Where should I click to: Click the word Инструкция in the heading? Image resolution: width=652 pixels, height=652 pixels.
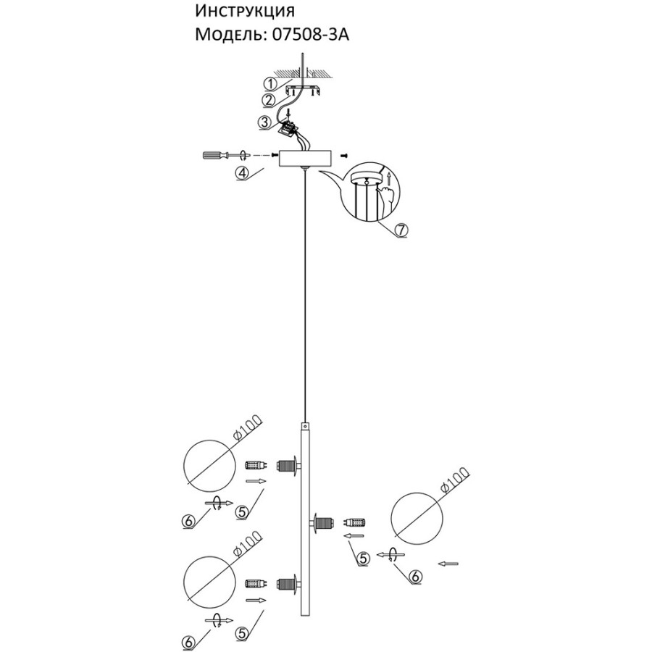[245, 12]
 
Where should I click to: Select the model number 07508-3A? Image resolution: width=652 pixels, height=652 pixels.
[311, 35]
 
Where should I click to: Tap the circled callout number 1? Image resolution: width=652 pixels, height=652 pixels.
[270, 85]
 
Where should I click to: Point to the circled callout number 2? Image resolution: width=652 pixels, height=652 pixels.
[269, 100]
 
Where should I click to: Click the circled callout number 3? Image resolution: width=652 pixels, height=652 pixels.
[265, 122]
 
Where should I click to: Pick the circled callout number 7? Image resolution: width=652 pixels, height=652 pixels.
[401, 230]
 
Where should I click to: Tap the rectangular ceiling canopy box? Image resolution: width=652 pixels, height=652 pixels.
[306, 158]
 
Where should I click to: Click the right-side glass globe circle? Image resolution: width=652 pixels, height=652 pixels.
[417, 518]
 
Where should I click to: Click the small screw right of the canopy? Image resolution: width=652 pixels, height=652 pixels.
[344, 156]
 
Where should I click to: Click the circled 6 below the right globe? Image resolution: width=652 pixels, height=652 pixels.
[415, 576]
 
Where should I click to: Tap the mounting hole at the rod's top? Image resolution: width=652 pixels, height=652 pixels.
[306, 427]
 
